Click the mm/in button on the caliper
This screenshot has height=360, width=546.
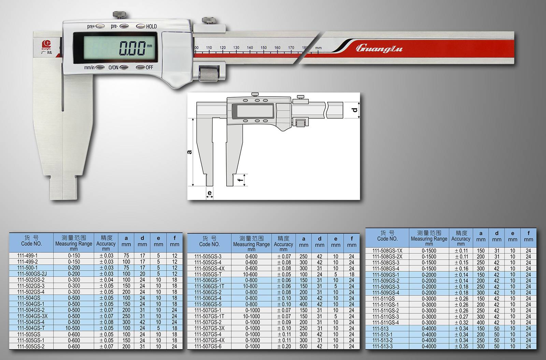(100, 67)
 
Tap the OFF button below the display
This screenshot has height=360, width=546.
(141, 67)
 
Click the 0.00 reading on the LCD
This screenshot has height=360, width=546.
(132, 48)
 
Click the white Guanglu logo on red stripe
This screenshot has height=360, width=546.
(379, 48)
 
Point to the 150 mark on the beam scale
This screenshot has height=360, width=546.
(263, 48)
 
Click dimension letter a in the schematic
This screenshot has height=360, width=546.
(189, 152)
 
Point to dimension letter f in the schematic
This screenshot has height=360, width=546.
(241, 180)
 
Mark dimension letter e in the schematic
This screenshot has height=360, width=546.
(210, 193)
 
